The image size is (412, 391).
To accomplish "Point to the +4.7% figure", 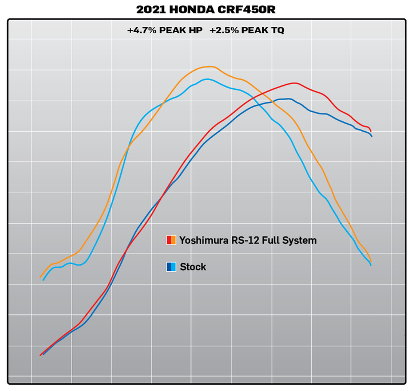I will [x=140, y=30].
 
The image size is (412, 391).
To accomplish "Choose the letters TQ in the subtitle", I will [x=277, y=30].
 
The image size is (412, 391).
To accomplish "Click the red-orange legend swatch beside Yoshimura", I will [x=171, y=240].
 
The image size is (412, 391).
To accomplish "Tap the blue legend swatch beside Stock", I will [x=171, y=267].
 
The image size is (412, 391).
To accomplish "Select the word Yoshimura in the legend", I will [x=203, y=240].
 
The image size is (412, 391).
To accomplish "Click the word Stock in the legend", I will [x=193, y=267].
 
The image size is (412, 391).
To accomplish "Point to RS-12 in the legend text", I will [x=243, y=240].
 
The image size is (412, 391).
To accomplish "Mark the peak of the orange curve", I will [x=209, y=66].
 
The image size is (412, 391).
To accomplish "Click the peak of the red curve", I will [x=294, y=83].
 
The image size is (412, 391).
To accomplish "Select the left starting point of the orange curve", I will [x=41, y=278].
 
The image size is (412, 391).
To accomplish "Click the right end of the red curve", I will [x=371, y=131].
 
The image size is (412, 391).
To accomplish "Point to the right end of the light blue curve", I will [x=371, y=265].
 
